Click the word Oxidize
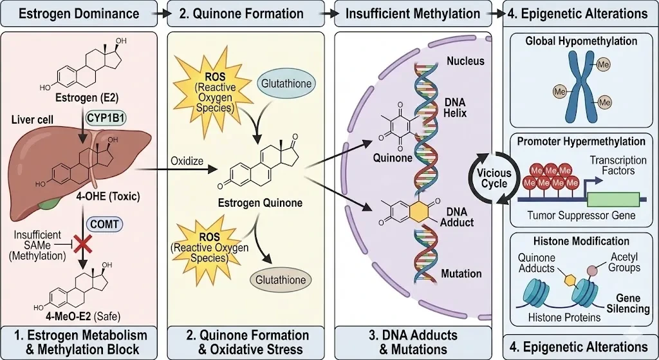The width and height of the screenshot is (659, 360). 186,160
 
